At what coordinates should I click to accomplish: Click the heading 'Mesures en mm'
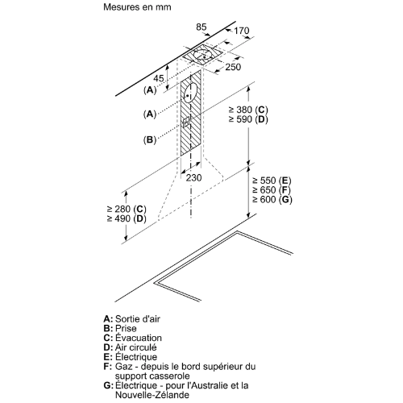point(137,7)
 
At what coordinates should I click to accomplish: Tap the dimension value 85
point(201,27)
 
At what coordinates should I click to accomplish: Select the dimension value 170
point(241,31)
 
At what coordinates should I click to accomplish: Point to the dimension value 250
point(233,67)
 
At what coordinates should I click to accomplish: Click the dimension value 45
point(158,78)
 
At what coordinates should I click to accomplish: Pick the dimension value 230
point(193,177)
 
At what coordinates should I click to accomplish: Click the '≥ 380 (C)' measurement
point(248,110)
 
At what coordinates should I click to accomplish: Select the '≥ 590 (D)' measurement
point(248,119)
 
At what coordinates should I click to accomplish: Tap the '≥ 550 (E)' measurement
point(272,181)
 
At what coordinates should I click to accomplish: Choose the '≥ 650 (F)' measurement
point(272,190)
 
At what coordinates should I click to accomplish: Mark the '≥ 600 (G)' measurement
point(272,199)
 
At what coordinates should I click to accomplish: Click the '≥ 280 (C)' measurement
point(127,209)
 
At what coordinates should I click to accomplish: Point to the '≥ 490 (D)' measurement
point(127,218)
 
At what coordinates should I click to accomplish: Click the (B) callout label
point(150,139)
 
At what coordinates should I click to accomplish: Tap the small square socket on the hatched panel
point(186,122)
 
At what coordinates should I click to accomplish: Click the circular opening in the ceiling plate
point(203,55)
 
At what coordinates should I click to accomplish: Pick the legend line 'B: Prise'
point(120,328)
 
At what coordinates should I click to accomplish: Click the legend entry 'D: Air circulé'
point(130,347)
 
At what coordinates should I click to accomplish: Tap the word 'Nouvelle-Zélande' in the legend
point(152,395)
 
